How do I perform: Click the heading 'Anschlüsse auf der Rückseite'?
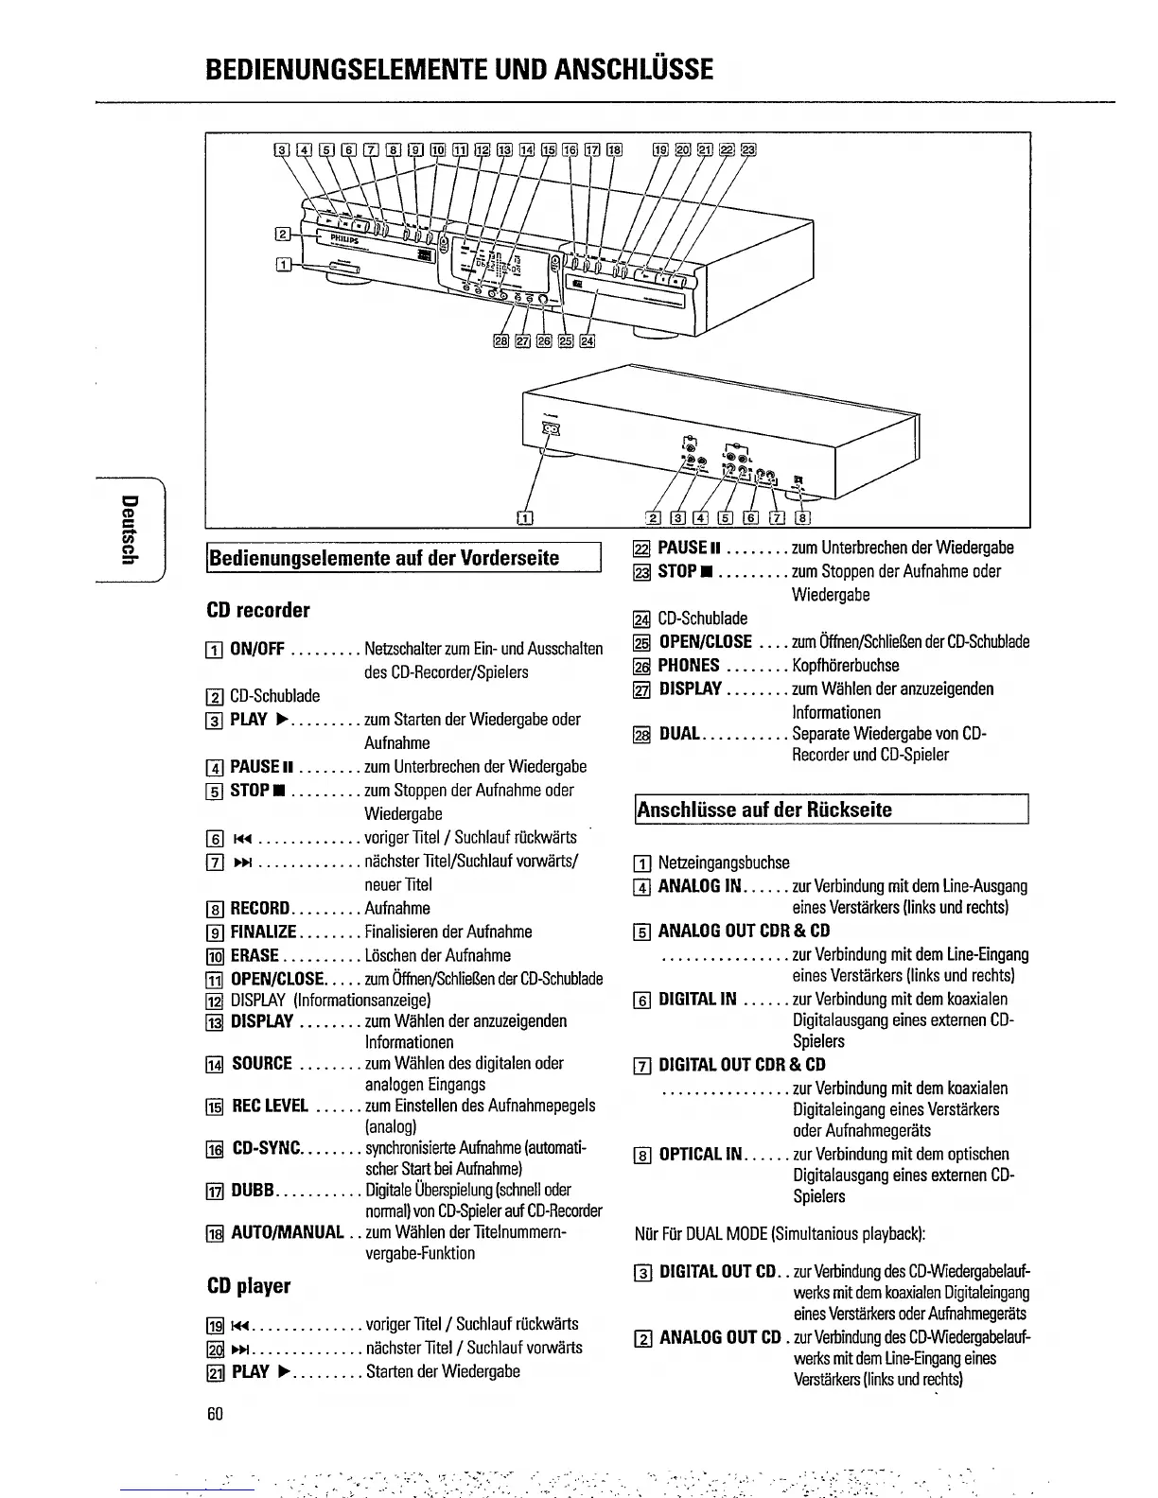(764, 810)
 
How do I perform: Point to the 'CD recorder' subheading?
(258, 610)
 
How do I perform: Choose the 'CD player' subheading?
(249, 1286)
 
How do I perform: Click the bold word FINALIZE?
(263, 932)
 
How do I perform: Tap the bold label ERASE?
(254, 956)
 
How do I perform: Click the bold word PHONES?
(689, 666)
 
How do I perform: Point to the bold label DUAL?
(678, 734)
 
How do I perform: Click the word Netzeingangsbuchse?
(724, 862)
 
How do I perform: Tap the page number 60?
(215, 1414)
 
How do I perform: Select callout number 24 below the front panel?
(588, 341)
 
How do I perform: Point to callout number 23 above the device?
(748, 148)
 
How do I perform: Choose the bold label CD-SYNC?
(266, 1149)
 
